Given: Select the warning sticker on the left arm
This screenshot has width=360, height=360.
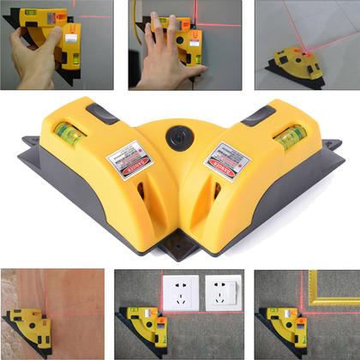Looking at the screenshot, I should (x=129, y=162).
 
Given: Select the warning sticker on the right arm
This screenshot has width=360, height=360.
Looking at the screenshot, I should (x=226, y=161).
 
